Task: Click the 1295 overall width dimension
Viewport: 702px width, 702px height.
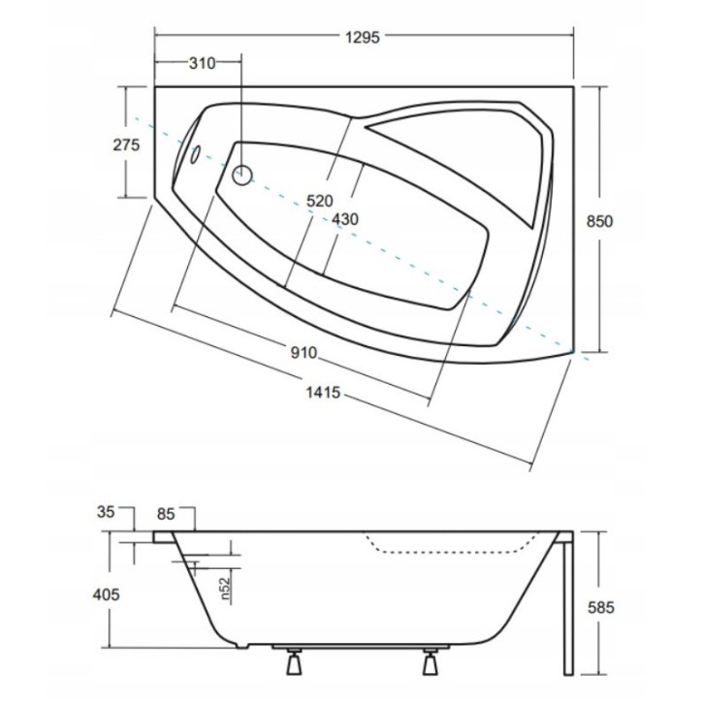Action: click(363, 37)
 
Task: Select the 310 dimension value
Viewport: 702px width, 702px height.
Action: click(203, 64)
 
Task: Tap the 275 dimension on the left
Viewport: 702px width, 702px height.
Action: click(126, 144)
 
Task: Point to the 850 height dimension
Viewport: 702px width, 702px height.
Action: click(599, 221)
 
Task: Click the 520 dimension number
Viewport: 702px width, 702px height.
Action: click(320, 201)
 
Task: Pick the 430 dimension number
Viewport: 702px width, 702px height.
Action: click(345, 219)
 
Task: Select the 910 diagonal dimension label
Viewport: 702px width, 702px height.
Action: click(303, 353)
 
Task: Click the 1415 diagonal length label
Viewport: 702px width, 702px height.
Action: click(323, 393)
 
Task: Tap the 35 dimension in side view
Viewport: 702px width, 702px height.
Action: click(106, 512)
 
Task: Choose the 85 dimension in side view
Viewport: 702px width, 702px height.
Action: click(166, 515)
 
